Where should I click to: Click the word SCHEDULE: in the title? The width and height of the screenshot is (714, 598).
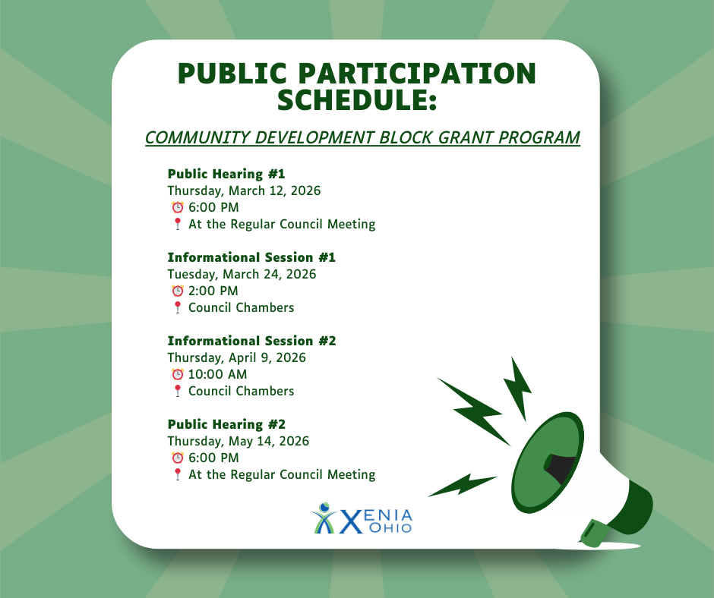pyautogui.click(x=356, y=99)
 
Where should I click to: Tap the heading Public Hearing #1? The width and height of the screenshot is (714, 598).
pyautogui.click(x=226, y=174)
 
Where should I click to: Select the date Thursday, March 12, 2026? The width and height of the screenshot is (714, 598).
pyautogui.click(x=244, y=190)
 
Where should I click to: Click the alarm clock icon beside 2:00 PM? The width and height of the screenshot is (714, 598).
pyautogui.click(x=177, y=291)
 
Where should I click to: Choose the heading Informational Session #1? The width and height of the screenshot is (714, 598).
pyautogui.click(x=251, y=257)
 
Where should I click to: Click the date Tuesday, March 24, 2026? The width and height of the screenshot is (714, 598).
pyautogui.click(x=242, y=274)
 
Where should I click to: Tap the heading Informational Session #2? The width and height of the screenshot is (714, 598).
pyautogui.click(x=251, y=341)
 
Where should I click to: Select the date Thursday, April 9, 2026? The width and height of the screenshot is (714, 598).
pyautogui.click(x=236, y=357)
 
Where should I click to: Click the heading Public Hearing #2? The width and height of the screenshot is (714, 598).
pyautogui.click(x=226, y=424)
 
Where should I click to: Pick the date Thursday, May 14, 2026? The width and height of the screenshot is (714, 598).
pyautogui.click(x=239, y=441)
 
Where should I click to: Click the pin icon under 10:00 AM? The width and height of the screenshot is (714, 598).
pyautogui.click(x=177, y=391)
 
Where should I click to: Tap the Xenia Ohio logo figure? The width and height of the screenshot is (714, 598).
pyautogui.click(x=324, y=518)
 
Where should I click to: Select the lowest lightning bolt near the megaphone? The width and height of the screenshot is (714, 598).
pyautogui.click(x=463, y=484)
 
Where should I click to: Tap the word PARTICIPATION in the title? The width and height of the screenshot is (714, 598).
pyautogui.click(x=411, y=74)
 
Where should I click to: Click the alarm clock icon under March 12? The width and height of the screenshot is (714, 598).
pyautogui.click(x=177, y=207)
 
